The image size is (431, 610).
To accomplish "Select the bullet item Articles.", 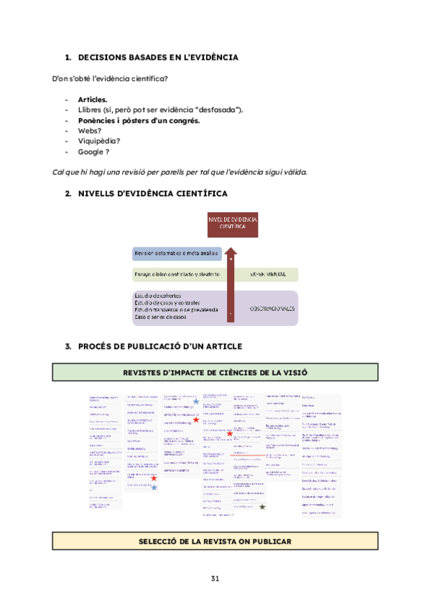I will point(93,99).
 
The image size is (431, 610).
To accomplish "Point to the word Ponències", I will point(100,120).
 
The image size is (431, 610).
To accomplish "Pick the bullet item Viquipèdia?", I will point(99,141).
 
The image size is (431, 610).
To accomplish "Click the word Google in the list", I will point(91,152).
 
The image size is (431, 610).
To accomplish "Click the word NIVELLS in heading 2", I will point(100,194).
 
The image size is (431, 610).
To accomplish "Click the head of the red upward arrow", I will point(231,252).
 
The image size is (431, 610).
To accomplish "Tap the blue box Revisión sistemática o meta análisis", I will point(177,254).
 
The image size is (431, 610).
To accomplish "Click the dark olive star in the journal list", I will point(262,507).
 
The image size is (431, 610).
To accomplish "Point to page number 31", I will point(215,579).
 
